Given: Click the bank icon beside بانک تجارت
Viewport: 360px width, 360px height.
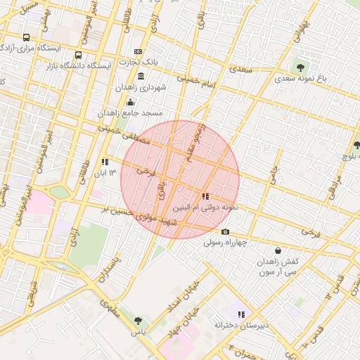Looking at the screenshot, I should point(138,51).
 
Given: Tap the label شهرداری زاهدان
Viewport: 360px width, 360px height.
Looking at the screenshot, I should point(141,88).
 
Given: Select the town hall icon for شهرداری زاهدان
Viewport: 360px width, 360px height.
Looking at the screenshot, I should point(141,76).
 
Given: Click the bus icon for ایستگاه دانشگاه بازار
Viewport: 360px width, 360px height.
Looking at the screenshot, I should point(78,54).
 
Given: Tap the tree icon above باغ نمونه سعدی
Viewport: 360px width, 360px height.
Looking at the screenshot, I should point(301,67).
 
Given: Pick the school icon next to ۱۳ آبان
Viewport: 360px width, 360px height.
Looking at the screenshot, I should point(105,161).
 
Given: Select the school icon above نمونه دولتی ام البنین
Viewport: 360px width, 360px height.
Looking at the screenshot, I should point(205,196).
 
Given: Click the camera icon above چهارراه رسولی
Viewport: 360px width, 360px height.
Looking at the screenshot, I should point(225,232).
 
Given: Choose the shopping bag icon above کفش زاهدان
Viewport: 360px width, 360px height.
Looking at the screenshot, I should point(278,250).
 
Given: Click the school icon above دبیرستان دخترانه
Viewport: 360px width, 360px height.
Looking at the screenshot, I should point(241,314).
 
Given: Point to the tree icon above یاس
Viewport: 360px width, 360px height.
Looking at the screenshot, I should point(138,321).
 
